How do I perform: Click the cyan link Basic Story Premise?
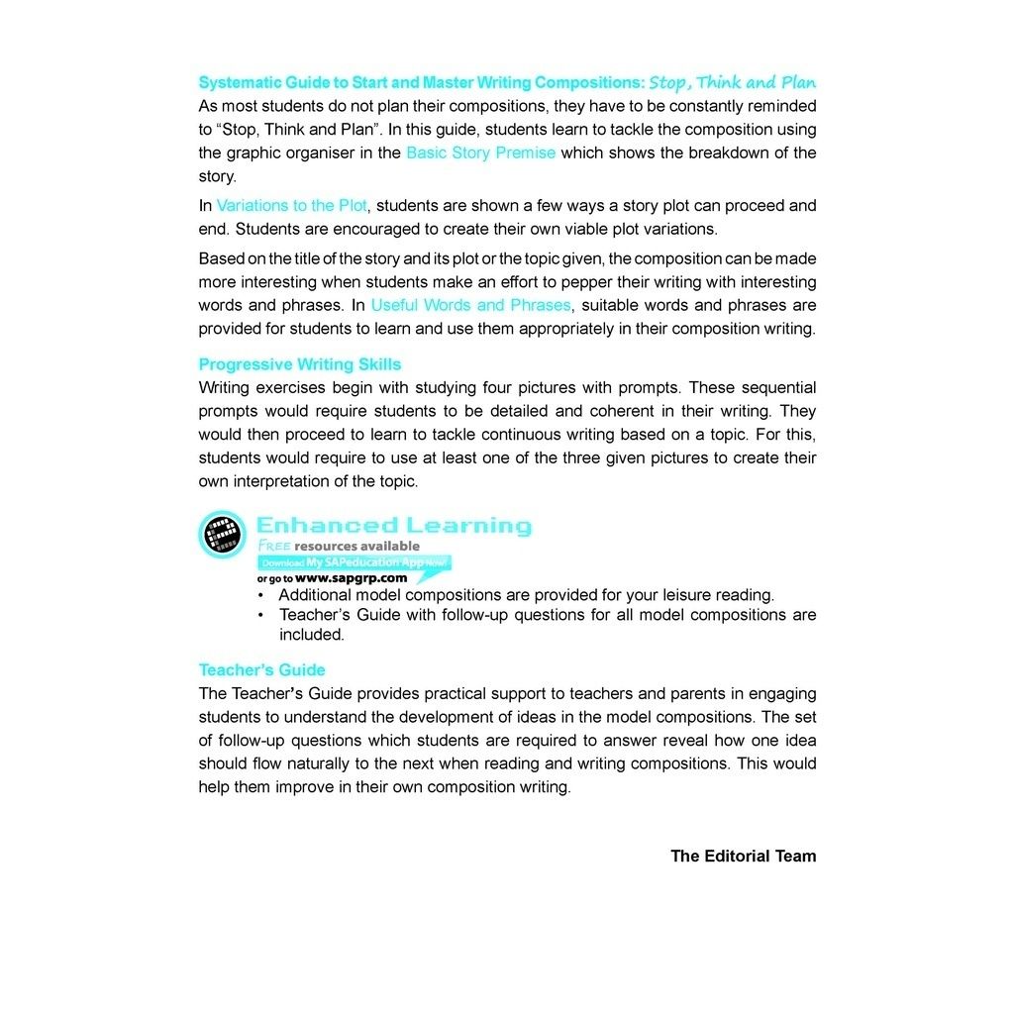pos(480,152)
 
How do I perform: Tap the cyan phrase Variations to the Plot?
pos(291,206)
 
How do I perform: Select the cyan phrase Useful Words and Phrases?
pos(470,305)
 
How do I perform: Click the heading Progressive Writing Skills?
pos(300,364)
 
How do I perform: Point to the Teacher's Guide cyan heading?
pos(261,670)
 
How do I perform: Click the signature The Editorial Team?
pos(743,856)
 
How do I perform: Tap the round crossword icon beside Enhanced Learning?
pos(223,535)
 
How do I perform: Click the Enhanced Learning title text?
pos(393,526)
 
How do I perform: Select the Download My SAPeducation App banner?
pos(355,562)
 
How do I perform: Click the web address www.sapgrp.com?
pos(351,578)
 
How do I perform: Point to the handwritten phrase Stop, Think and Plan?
pos(733,82)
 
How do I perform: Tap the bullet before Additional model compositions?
pos(260,596)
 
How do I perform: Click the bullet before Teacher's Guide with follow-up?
pos(260,615)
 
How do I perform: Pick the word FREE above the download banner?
pos(274,546)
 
